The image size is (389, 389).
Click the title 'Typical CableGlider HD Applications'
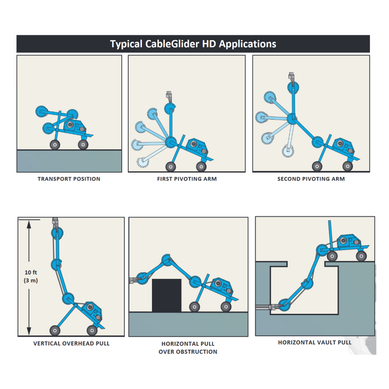193,44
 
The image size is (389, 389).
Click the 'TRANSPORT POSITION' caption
69,179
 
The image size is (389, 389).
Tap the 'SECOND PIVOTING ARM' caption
311,179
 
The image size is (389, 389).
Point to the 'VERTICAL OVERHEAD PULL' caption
71,343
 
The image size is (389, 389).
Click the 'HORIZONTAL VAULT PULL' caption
315,342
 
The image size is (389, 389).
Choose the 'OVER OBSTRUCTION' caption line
188,352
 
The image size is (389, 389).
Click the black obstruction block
167,296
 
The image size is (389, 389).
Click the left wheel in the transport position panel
54,144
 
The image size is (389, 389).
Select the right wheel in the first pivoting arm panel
200,167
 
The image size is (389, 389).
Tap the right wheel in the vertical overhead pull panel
91,331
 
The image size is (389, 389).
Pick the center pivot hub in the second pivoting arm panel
292,117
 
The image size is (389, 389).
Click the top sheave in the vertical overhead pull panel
56,233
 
